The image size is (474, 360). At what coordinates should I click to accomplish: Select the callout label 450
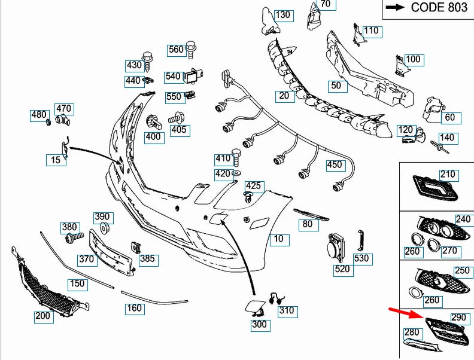[x=335, y=165]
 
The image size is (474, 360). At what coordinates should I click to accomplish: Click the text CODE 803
[x=439, y=7]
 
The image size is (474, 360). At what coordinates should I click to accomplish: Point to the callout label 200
[x=43, y=316]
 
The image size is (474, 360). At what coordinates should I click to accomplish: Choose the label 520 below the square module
[x=342, y=269]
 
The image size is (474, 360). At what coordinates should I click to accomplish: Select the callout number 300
[x=260, y=325]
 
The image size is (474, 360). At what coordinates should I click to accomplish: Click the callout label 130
[x=283, y=14]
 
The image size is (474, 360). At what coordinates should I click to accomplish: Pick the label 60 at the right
[x=450, y=117]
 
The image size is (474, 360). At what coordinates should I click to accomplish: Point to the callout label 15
[x=56, y=160]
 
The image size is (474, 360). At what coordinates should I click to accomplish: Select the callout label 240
[x=463, y=219]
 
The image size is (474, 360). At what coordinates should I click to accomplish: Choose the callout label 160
[x=134, y=309]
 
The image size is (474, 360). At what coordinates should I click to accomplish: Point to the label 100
[x=413, y=59]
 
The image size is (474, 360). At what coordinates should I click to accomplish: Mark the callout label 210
[x=448, y=175]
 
